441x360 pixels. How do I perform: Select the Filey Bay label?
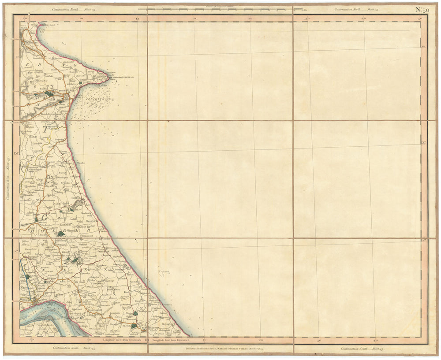(x=43, y=31)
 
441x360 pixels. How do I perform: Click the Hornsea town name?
(x=72, y=198)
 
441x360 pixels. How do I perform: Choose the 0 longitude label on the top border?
(x=137, y=19)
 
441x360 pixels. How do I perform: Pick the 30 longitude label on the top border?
(x=307, y=19)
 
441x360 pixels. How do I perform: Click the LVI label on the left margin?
(x=17, y=153)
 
